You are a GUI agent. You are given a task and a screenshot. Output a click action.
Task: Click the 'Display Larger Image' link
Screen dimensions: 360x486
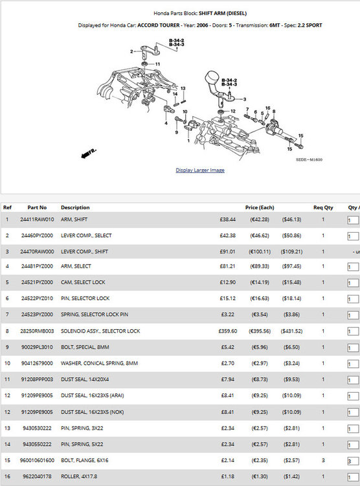coord(200,170)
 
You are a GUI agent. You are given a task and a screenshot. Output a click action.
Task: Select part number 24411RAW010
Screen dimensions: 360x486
coord(37,220)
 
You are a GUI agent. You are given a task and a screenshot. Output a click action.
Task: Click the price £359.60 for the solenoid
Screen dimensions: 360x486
coord(228,331)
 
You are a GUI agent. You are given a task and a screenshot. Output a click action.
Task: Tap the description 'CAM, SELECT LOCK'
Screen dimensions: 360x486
coord(83,282)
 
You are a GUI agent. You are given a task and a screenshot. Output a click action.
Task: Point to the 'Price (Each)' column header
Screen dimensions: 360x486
coord(260,207)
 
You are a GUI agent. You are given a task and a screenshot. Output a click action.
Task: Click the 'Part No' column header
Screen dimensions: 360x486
coord(37,207)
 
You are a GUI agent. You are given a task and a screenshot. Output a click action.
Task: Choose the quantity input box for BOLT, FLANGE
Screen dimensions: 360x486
coord(353,461)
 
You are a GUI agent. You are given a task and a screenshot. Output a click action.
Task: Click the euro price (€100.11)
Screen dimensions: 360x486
coord(260,251)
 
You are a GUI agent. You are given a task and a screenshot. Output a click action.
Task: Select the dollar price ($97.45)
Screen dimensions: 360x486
coord(291,266)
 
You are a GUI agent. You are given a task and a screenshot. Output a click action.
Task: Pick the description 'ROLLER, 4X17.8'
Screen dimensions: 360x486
coord(79,476)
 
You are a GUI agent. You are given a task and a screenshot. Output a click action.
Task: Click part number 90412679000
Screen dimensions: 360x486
coord(37,364)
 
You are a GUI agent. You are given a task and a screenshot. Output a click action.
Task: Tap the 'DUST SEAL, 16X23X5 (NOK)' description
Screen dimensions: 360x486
coord(93,412)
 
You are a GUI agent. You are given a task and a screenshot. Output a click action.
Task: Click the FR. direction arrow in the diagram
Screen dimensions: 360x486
coord(88,154)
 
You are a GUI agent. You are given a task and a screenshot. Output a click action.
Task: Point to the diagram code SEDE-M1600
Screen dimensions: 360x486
coord(309,159)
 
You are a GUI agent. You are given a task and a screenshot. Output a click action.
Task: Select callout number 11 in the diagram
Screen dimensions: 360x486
coord(158,64)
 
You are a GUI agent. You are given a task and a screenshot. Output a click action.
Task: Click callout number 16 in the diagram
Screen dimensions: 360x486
coord(267,108)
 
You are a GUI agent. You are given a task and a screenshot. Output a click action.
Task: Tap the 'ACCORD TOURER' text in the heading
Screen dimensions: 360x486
coord(159,25)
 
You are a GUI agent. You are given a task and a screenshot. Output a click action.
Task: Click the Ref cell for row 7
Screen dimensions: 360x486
coord(7,314)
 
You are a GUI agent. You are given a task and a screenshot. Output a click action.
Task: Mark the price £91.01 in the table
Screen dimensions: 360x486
coord(227,251)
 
